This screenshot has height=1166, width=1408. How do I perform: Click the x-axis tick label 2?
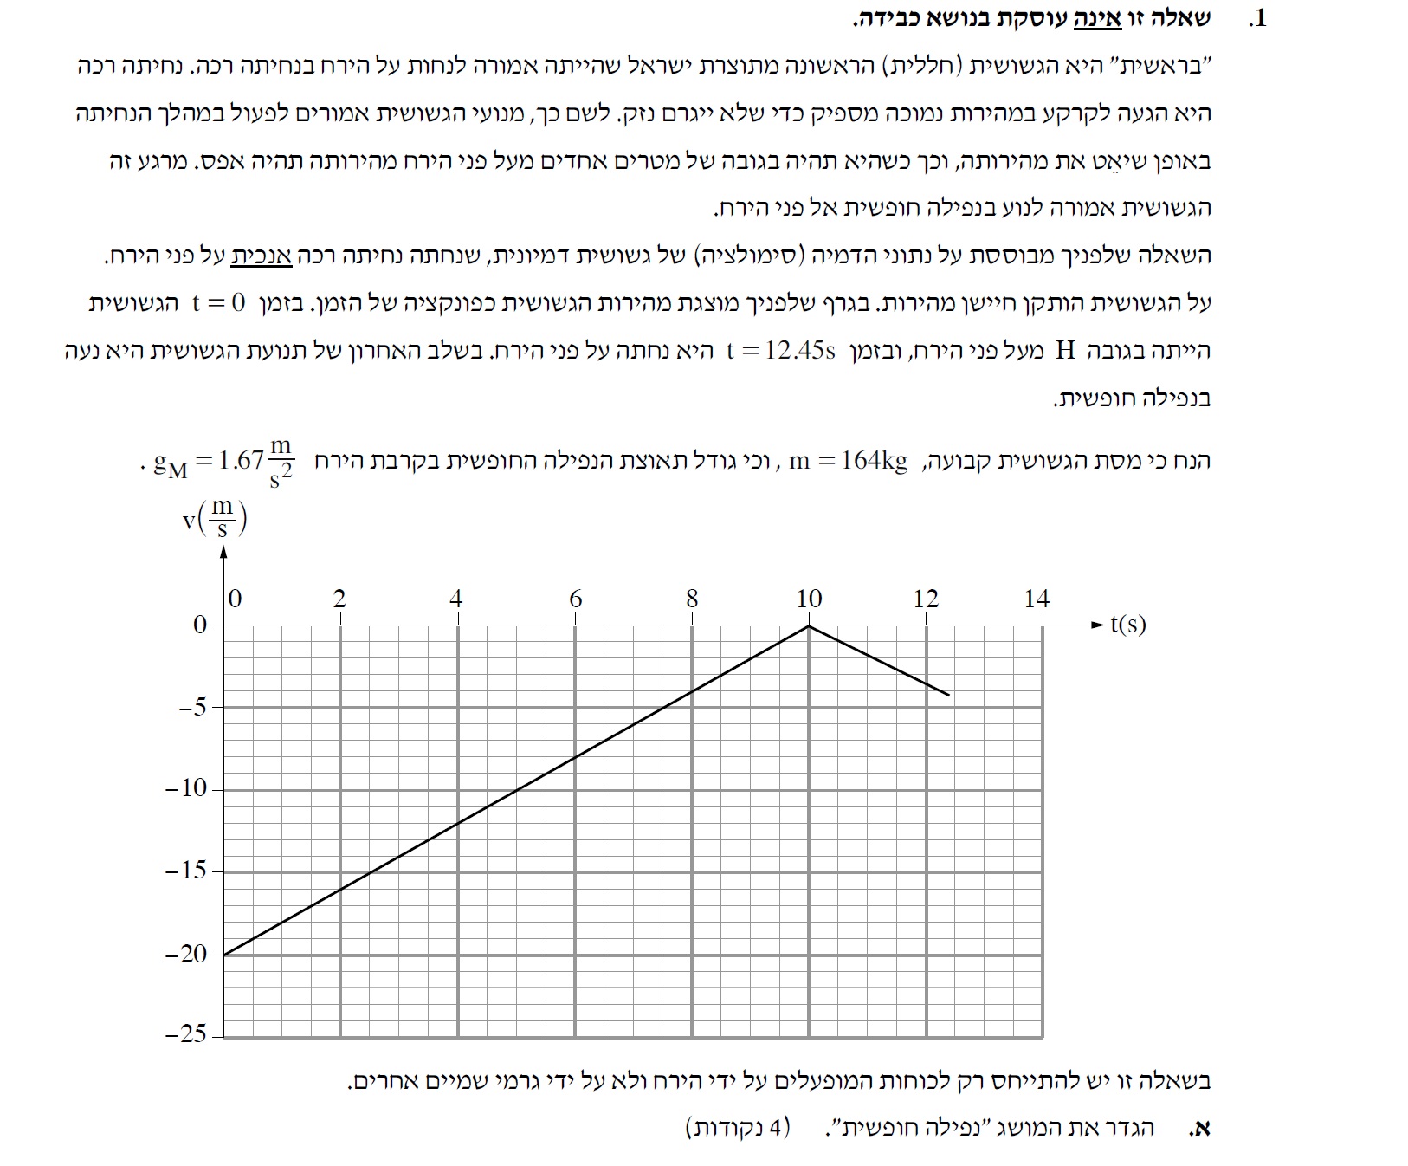point(339,599)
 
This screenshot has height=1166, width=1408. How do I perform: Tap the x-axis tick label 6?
point(576,599)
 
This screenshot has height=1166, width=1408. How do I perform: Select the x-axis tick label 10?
point(809,599)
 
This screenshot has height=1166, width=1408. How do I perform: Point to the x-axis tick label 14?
point(1037,599)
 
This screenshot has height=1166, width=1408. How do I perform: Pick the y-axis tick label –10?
point(187,788)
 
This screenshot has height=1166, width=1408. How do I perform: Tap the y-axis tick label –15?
point(187,870)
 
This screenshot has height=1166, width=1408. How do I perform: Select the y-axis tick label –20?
point(187,954)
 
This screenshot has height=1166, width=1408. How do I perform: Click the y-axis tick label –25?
point(187,1034)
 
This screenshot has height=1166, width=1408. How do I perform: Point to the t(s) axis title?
point(1127,624)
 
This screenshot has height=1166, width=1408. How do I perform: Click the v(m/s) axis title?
point(215,517)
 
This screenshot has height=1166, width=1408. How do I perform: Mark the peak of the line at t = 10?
point(809,625)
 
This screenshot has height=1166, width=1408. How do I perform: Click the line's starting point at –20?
point(224,955)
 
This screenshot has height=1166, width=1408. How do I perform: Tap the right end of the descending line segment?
point(949,695)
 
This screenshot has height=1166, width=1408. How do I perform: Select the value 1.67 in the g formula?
point(241,460)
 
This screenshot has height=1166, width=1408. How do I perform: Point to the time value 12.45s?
point(782,351)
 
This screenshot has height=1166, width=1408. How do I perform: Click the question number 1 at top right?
point(1259,18)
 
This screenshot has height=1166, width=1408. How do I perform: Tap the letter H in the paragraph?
point(1066,351)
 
